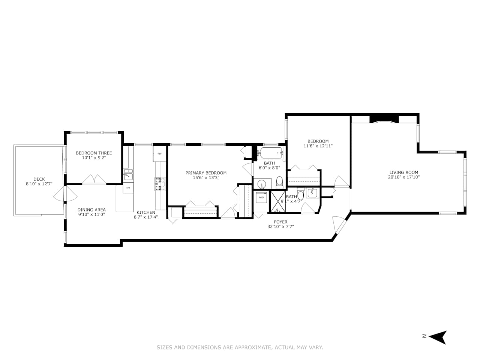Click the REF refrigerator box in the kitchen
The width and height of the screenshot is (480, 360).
[x=159, y=154]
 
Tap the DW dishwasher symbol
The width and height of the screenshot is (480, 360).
[x=128, y=187]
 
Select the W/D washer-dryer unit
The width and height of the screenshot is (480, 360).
[x=261, y=197]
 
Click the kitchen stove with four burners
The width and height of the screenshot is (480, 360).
[x=160, y=184]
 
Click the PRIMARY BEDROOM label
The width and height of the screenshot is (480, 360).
[x=206, y=173]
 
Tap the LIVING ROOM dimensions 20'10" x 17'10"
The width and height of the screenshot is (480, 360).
[x=403, y=177]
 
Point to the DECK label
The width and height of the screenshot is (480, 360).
[x=39, y=179]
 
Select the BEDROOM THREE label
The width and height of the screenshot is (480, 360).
[x=94, y=153]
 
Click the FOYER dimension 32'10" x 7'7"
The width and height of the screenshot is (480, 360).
[x=280, y=226]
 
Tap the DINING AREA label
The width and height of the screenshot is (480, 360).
[x=91, y=210]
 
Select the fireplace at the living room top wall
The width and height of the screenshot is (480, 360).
[x=384, y=119]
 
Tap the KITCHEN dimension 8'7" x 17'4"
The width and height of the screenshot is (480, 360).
[x=145, y=217]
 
